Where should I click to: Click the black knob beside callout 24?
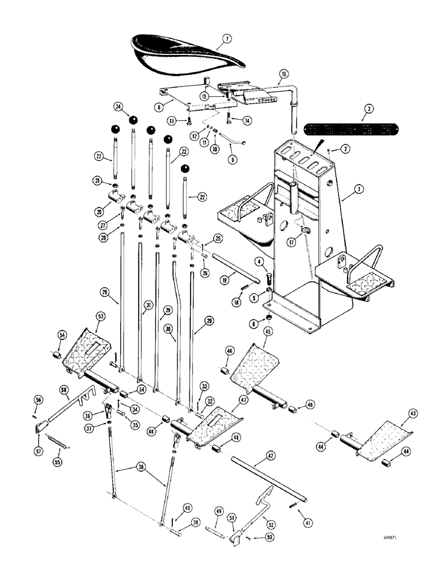click(x=133, y=120)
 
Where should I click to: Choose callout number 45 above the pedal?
click(x=268, y=331)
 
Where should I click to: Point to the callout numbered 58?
click(x=65, y=389)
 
